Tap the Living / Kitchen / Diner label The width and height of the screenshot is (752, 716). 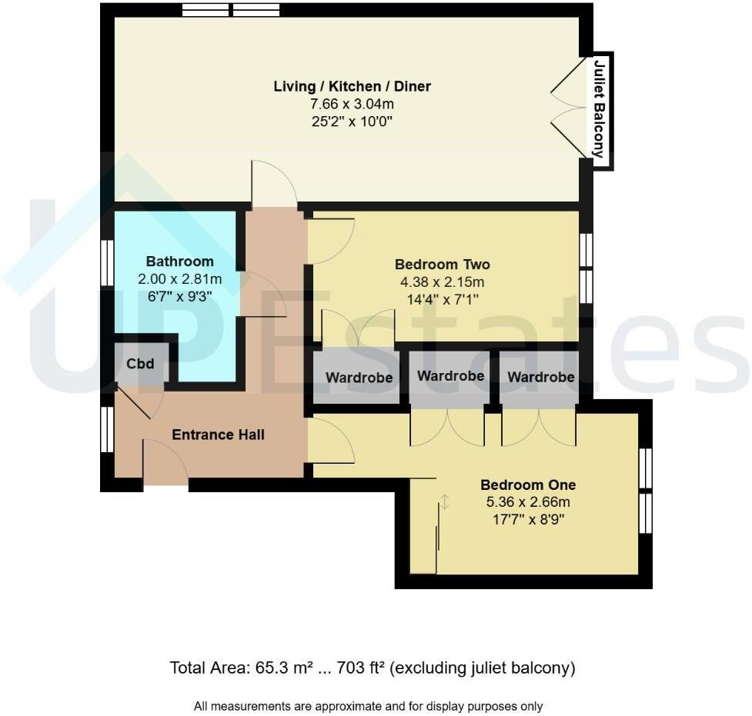[352, 86]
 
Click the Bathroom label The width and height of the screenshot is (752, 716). [179, 261]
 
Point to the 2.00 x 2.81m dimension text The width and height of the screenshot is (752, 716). [179, 278]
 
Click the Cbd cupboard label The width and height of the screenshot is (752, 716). [139, 364]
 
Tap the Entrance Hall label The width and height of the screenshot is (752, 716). [218, 435]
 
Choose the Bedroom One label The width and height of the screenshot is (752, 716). [528, 485]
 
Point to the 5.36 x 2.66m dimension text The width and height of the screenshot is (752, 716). [528, 502]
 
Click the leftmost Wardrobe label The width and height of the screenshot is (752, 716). [359, 378]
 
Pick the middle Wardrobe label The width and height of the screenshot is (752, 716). [450, 376]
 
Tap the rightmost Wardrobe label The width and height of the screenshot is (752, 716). [540, 378]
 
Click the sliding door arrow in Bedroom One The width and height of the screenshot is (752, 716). [444, 501]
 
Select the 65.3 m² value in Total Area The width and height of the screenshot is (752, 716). [278, 668]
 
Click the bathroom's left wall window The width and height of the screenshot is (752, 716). [108, 264]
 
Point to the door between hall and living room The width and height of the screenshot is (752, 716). [274, 185]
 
